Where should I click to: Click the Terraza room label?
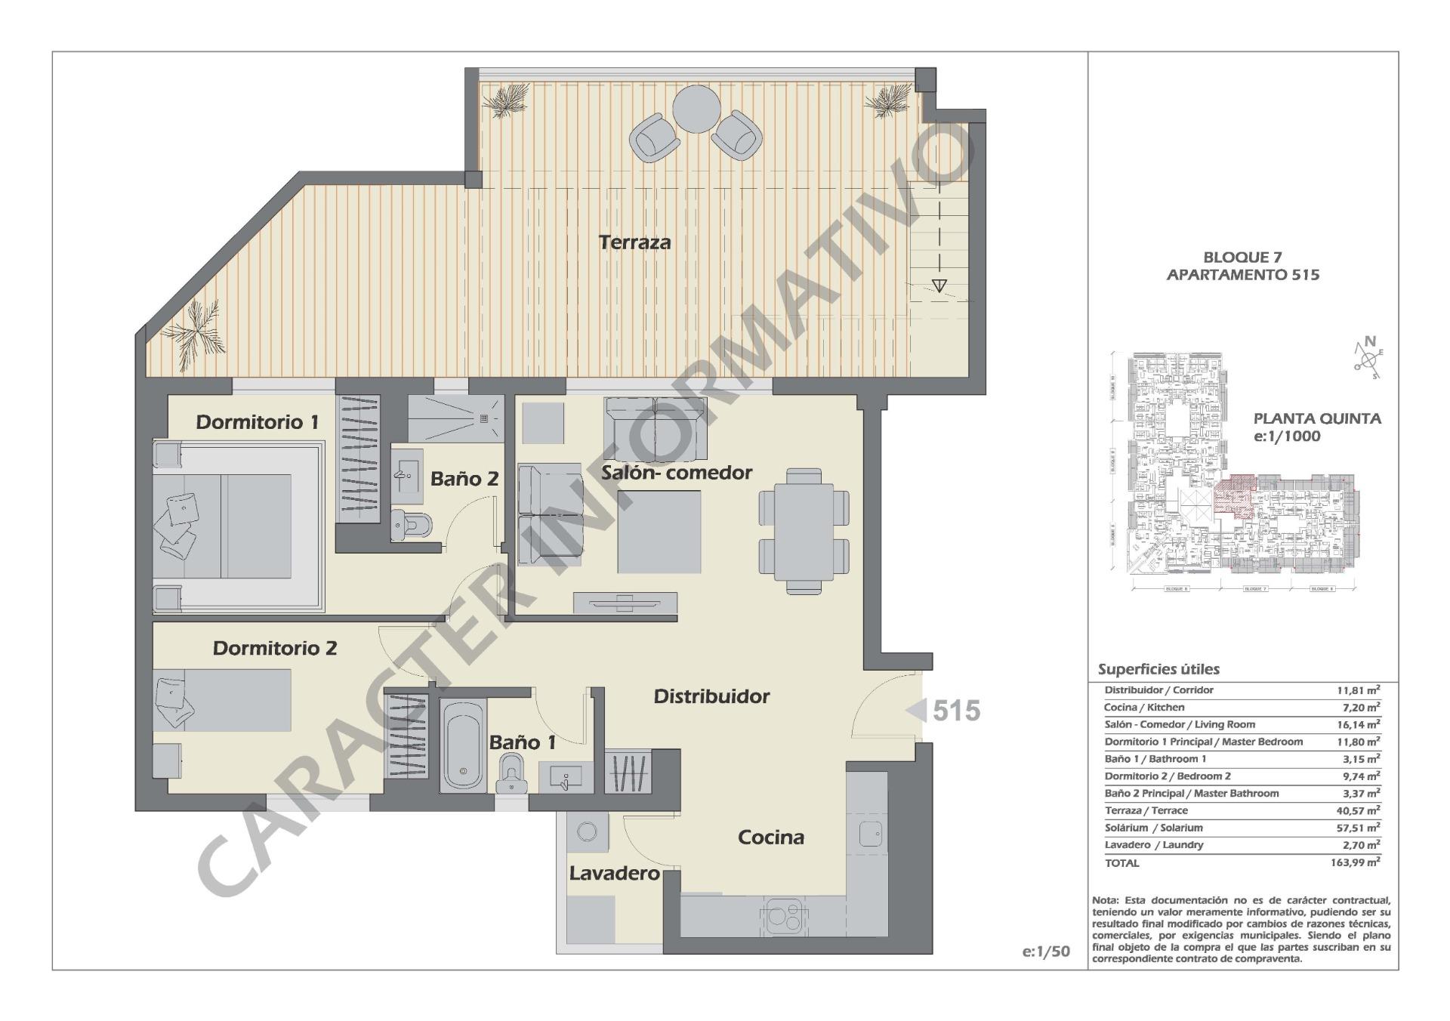click(x=634, y=242)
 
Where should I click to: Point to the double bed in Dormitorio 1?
click(x=227, y=526)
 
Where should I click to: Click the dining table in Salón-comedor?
click(x=804, y=530)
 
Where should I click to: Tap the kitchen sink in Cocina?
click(x=870, y=834)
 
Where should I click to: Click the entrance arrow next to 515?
click(x=916, y=711)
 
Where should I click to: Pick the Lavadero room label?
click(x=614, y=874)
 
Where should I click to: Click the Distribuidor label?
click(x=711, y=696)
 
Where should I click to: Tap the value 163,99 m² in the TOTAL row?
click(x=1355, y=862)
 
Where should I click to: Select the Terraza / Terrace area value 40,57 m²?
click(x=1357, y=810)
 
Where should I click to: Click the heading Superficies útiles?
click(x=1158, y=669)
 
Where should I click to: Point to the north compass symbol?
click(x=1368, y=356)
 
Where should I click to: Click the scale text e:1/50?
click(x=1046, y=952)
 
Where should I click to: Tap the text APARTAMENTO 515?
click(x=1242, y=275)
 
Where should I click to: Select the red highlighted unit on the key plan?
click(x=1232, y=495)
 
